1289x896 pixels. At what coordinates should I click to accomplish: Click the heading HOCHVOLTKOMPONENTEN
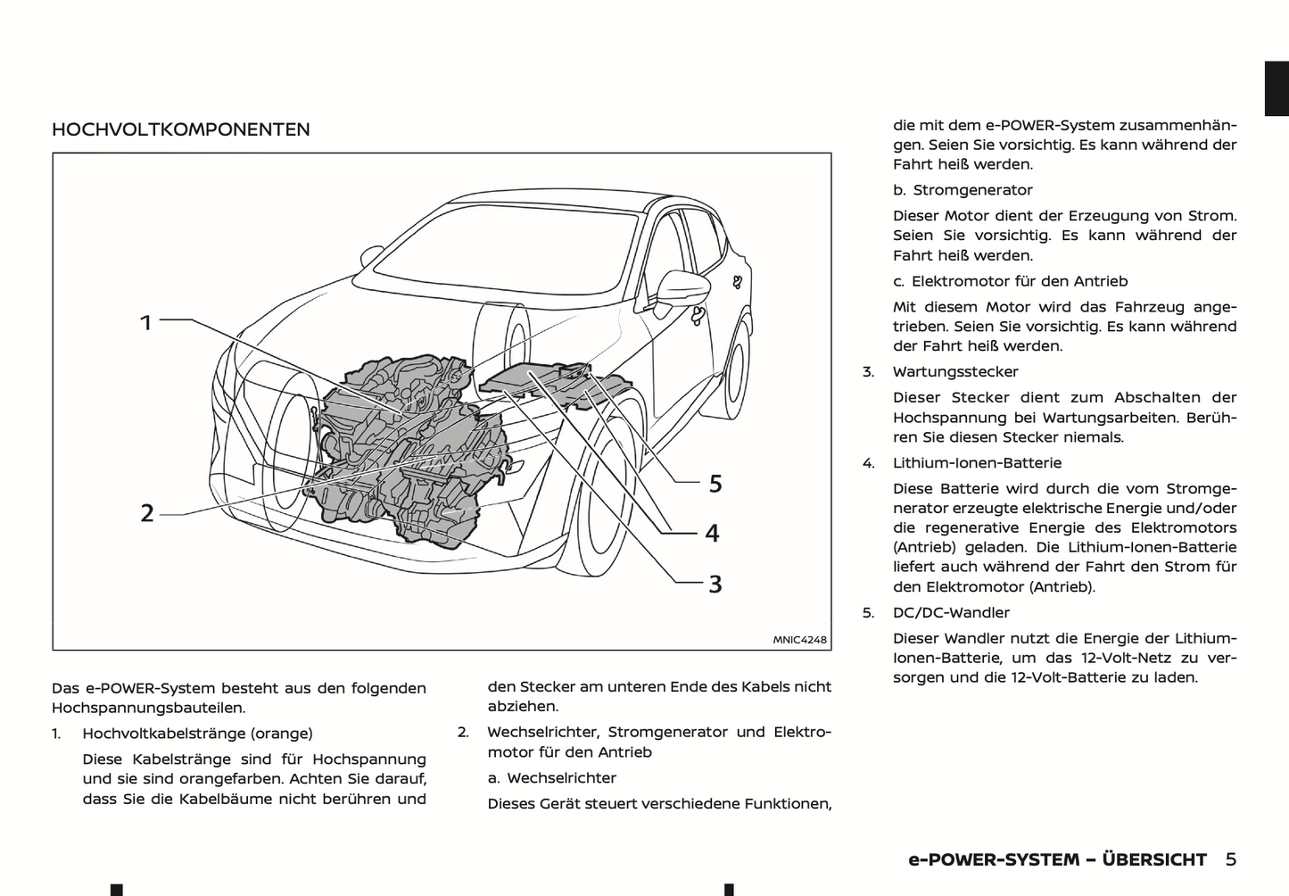(x=181, y=129)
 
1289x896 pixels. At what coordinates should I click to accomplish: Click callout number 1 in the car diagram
(x=146, y=322)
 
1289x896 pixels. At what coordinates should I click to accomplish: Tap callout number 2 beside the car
(x=147, y=513)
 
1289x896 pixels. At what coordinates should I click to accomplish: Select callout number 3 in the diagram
(x=715, y=585)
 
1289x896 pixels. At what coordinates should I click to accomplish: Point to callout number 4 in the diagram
(x=712, y=534)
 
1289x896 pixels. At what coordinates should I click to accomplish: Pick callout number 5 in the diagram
(x=715, y=484)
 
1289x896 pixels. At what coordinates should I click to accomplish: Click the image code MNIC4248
(x=799, y=639)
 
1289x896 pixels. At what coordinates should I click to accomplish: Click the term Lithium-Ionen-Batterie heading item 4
(x=977, y=463)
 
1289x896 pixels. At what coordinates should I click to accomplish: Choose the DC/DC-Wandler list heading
(x=951, y=613)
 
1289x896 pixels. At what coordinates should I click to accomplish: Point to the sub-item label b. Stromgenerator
(x=963, y=190)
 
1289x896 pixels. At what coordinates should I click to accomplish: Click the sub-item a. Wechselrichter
(x=551, y=778)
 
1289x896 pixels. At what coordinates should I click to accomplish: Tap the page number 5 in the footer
(x=1230, y=859)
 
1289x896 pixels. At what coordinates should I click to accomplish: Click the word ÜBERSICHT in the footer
(x=1154, y=859)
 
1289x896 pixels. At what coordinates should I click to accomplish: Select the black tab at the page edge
(x=1277, y=88)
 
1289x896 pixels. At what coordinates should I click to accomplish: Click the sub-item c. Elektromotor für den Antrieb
(x=1011, y=281)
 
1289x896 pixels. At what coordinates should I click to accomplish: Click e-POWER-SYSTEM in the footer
(x=993, y=859)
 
